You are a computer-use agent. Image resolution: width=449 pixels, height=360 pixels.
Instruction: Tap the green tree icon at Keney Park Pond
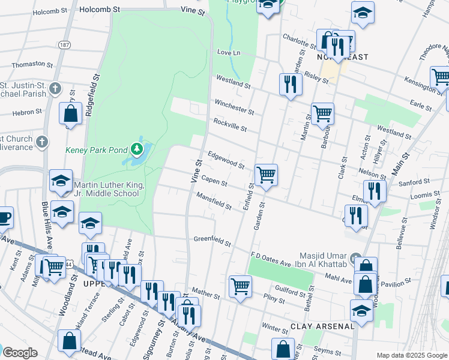tap(137, 148)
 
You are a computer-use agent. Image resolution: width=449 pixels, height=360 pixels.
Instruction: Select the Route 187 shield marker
tap(64, 46)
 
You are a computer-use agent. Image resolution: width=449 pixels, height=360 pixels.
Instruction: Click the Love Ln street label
tap(228, 53)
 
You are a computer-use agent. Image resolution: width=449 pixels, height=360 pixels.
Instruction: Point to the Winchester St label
tap(235, 107)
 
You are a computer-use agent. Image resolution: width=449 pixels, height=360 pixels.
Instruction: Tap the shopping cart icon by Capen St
tap(266, 175)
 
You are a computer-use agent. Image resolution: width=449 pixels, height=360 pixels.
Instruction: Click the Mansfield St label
tap(214, 202)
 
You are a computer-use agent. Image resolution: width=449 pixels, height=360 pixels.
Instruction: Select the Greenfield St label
tap(212, 241)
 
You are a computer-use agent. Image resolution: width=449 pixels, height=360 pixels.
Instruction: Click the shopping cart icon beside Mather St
tap(240, 286)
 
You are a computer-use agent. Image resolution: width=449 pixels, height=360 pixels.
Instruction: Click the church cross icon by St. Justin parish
tap(55, 89)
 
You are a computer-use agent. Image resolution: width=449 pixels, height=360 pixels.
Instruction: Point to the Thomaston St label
tap(24, 64)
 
